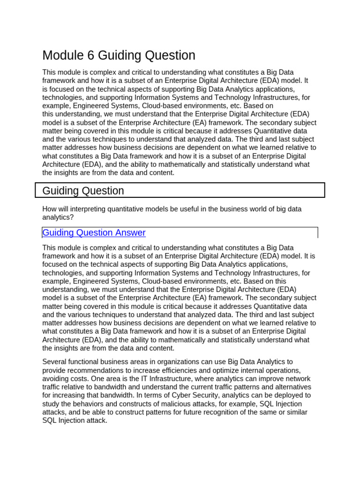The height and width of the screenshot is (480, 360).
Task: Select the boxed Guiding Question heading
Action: tap(83, 191)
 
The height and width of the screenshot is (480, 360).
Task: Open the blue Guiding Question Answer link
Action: tap(94, 232)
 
